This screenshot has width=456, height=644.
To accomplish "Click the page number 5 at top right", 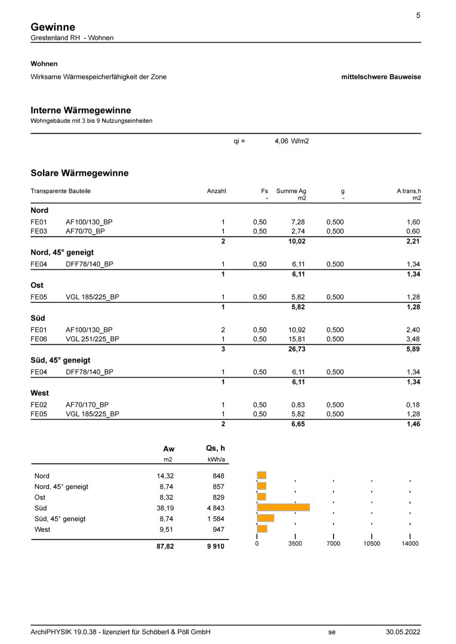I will [418, 16].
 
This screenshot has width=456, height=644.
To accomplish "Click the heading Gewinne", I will [53, 27].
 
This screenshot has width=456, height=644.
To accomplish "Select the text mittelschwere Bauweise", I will [381, 77].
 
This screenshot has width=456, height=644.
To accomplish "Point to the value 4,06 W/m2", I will [292, 141].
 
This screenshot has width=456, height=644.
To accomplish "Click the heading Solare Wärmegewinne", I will [79, 173].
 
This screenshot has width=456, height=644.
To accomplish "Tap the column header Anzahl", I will [216, 191].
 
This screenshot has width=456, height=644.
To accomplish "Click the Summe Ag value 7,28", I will [298, 222].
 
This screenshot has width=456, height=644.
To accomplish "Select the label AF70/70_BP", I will [85, 231].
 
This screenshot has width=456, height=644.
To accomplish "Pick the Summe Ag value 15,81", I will [297, 339].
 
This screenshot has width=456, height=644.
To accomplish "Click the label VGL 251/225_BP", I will [93, 339].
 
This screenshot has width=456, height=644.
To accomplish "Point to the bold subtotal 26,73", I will [297, 349].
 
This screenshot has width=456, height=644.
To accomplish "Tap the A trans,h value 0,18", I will [413, 405].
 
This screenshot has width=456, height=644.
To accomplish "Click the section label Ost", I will [38, 286].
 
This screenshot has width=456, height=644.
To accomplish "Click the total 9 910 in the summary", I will [214, 546].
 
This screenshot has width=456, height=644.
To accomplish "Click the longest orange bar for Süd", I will [283, 507].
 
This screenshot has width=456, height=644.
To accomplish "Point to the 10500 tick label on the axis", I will [371, 544].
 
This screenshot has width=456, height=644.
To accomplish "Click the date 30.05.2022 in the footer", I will [403, 632].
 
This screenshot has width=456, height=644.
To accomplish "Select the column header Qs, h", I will [215, 448].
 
